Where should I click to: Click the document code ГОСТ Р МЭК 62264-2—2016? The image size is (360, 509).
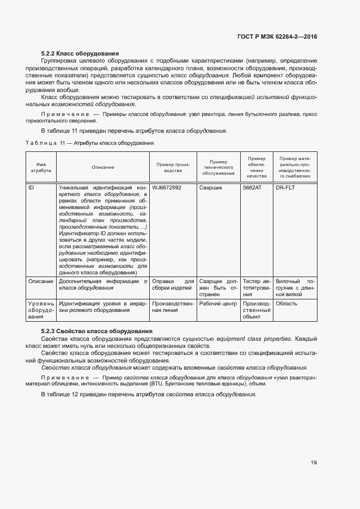277,36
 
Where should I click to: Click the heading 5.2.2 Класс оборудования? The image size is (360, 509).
80,53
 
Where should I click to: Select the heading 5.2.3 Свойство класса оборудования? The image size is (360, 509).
96,331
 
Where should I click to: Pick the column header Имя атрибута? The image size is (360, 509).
41,167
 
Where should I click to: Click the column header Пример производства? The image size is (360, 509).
173,167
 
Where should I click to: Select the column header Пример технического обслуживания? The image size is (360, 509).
218,167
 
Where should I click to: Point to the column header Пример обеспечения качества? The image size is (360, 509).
256,167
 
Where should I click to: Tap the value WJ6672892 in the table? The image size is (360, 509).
167,187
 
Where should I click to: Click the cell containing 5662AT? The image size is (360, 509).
252,187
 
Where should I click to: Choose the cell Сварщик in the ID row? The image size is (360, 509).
210,187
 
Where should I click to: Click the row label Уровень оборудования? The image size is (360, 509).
41,310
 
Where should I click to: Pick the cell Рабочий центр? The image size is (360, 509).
218,303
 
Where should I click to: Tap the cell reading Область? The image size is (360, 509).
286,303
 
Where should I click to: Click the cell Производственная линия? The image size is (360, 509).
173,306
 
